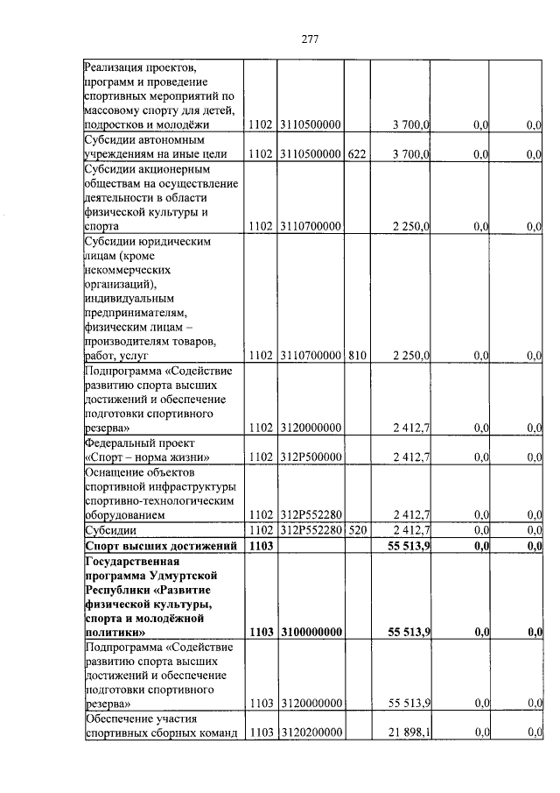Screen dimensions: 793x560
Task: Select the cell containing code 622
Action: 356,154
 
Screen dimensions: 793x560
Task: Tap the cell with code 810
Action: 356,356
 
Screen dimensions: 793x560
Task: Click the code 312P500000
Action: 311,457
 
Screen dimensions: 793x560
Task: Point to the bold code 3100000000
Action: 311,631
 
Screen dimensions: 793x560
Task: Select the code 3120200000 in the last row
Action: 311,733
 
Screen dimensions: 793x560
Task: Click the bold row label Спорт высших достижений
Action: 162,546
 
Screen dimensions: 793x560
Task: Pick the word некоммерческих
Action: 128,270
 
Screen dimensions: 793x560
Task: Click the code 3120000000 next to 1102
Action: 311,428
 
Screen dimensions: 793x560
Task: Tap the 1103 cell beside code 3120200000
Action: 262,733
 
